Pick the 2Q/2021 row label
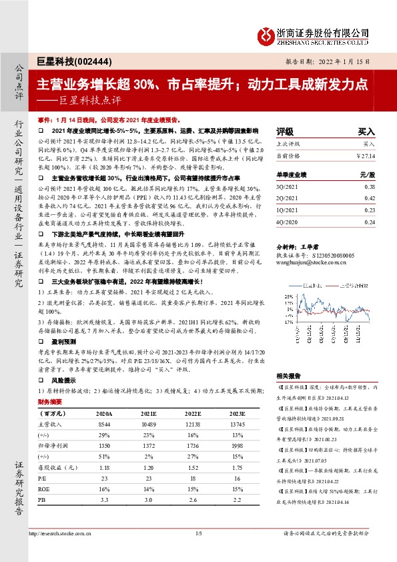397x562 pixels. click(289, 198)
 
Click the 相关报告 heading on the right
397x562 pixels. click(289, 395)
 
